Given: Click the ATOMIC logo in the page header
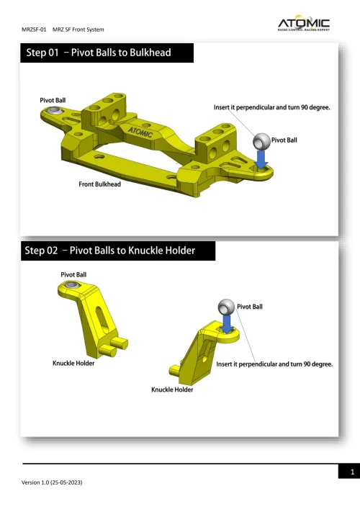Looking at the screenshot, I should tap(304, 25).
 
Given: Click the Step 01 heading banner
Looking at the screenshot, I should tap(108, 53).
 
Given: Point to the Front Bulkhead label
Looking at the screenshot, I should tap(99, 184).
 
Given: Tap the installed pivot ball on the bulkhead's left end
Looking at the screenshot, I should tap(55, 111).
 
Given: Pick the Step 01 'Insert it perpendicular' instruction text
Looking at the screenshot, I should tap(271, 107).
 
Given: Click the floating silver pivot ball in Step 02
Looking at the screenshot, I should tap(229, 309).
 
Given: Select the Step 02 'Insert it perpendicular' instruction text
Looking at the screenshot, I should tap(274, 364).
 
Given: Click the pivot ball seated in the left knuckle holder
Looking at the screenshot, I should tap(72, 287).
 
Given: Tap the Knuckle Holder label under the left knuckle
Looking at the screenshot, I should tap(73, 363).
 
